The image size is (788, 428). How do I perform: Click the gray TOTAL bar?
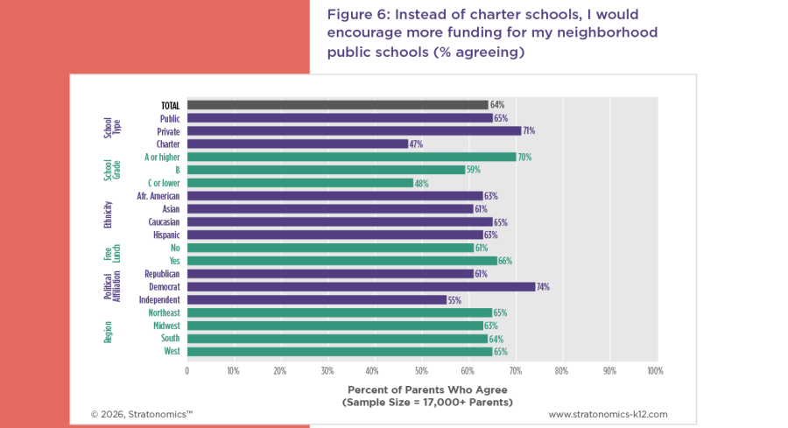click(x=337, y=105)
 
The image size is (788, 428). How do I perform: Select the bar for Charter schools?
click(x=298, y=144)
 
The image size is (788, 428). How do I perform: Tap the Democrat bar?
click(x=361, y=286)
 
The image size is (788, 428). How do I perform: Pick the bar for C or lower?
click(x=299, y=183)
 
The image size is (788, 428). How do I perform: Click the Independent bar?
click(x=316, y=299)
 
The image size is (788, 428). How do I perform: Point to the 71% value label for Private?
click(x=529, y=131)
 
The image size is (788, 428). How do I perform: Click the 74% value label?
click(x=543, y=286)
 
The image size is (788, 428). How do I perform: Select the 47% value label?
click(x=416, y=144)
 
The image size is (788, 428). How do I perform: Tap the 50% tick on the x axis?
click(x=420, y=371)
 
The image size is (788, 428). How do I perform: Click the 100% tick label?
click(x=654, y=371)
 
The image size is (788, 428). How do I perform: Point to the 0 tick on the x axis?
click(x=186, y=371)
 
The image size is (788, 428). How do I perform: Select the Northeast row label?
click(x=163, y=312)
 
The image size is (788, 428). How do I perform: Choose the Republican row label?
click(x=162, y=274)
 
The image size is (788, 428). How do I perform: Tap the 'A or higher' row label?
click(x=162, y=157)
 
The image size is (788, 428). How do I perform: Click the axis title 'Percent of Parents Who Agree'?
click(x=427, y=389)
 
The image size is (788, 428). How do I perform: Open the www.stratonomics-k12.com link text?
click(x=608, y=413)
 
